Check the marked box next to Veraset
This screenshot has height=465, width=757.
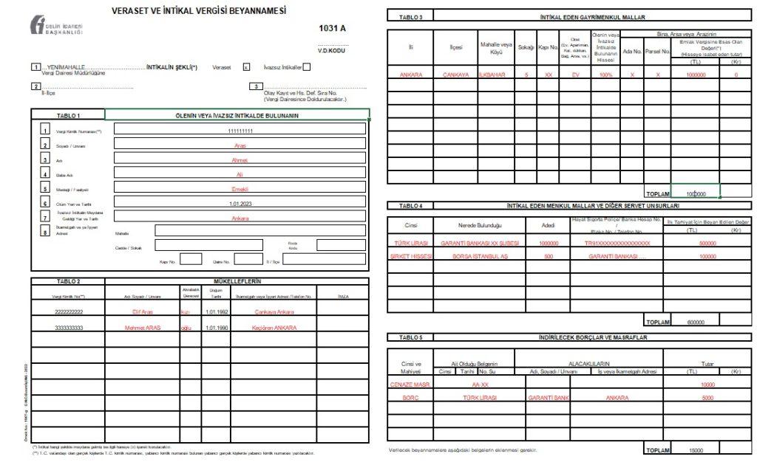tap(246, 67)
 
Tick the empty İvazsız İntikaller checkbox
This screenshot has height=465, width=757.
tap(307, 67)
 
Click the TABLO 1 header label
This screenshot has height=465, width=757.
tap(68, 116)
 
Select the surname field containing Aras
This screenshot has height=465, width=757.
tap(240, 145)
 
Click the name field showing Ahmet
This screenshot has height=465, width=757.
tap(240, 160)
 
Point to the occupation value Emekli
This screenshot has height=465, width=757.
tap(240, 189)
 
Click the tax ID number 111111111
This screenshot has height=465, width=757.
tap(240, 131)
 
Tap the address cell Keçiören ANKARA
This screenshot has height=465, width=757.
tap(274, 327)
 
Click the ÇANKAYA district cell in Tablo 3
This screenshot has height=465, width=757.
tap(456, 75)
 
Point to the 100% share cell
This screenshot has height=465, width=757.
tap(606, 75)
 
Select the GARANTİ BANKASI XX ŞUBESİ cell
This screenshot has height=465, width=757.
tap(481, 243)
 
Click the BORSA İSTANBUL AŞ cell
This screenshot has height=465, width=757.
tap(481, 256)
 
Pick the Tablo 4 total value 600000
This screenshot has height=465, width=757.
tap(695, 323)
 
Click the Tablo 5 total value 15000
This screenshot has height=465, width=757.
tap(695, 449)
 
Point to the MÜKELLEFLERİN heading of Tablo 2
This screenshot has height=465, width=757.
tap(237, 281)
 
